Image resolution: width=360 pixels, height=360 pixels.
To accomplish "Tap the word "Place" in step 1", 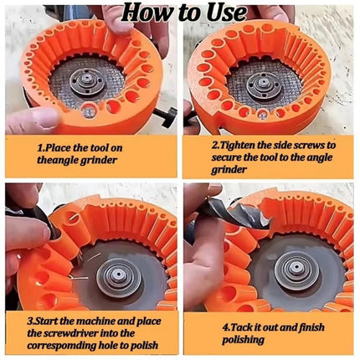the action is (58, 147).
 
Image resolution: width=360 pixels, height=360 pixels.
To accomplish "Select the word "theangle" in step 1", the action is (57, 160).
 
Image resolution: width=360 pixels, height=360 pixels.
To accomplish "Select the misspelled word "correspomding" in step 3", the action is (61, 346).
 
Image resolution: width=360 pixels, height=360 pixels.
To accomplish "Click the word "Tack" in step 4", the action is (243, 327).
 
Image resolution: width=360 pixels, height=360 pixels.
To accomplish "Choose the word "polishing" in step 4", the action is (243, 340).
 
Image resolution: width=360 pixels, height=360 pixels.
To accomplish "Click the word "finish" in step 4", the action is (311, 327).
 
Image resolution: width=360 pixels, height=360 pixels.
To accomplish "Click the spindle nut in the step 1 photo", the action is (87, 81).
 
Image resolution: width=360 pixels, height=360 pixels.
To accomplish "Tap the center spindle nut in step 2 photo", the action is (263, 83).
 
